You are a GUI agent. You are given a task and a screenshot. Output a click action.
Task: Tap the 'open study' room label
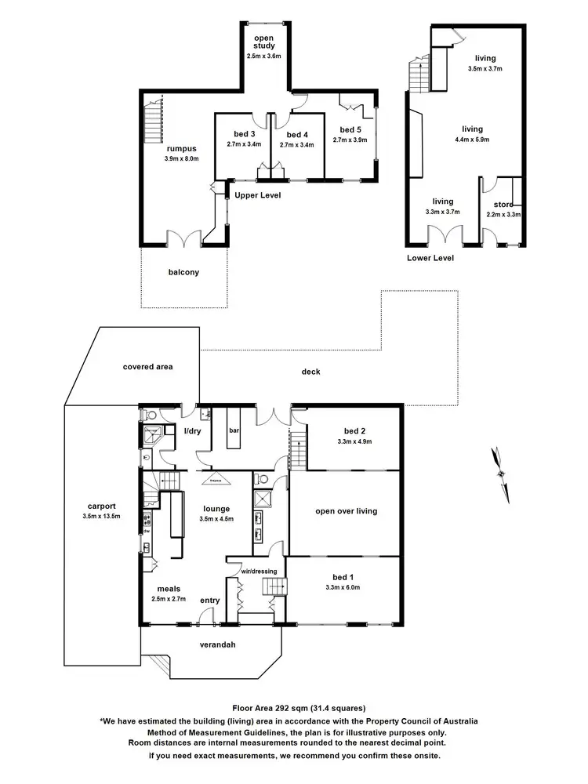[264, 41]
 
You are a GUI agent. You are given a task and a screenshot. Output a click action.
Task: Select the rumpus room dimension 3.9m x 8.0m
[182, 158]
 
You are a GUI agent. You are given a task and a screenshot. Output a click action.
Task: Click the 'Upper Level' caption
[258, 194]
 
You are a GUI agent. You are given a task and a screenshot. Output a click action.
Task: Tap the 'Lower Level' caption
[430, 258]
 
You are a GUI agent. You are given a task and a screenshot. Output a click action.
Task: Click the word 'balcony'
[183, 273]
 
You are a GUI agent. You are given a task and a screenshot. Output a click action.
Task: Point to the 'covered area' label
[147, 366]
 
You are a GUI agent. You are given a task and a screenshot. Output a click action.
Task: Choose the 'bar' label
[234, 430]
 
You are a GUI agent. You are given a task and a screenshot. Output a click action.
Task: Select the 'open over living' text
[346, 511]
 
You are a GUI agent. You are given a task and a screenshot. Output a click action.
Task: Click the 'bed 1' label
[344, 577]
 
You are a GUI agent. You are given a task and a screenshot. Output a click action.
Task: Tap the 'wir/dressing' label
[256, 571]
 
